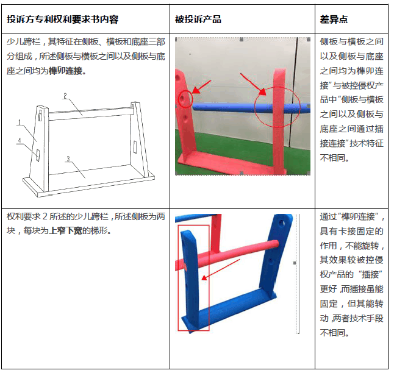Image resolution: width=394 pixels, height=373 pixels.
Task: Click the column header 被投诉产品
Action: [198, 20]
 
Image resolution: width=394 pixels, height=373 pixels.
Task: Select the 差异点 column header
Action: [334, 20]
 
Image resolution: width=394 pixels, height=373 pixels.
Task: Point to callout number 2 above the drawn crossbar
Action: [64, 96]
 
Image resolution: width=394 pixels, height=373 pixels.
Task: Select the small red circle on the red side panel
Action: [184, 98]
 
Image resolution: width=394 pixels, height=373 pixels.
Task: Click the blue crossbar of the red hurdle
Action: [232, 107]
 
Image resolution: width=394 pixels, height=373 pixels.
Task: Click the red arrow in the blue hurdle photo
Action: [217, 276]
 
